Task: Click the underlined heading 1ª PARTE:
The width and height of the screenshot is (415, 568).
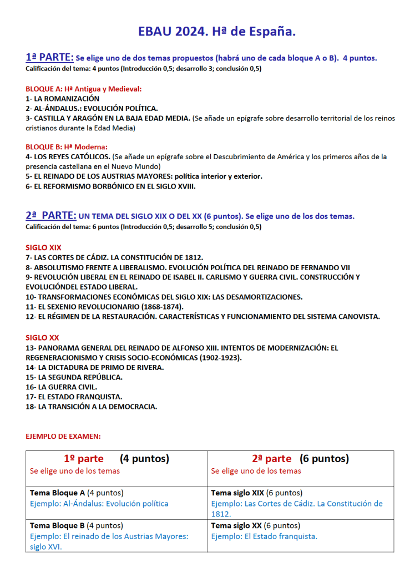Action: coord(49,57)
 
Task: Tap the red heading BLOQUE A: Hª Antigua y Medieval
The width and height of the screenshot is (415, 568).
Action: coord(84,89)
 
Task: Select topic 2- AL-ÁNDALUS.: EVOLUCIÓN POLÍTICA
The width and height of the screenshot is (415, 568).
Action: coord(92,108)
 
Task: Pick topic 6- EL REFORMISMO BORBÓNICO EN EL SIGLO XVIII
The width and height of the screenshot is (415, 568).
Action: coord(110,186)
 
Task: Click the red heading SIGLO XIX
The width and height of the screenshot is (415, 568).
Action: coord(43,247)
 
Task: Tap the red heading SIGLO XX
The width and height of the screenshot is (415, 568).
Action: coord(42,338)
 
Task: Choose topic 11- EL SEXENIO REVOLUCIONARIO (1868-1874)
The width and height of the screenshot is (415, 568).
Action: coord(105,307)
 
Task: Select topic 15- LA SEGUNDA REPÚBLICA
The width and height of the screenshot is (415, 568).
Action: coord(74,377)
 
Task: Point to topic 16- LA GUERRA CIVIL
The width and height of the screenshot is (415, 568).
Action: coord(62,387)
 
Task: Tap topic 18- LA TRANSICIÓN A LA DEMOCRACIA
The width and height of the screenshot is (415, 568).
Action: coord(92,407)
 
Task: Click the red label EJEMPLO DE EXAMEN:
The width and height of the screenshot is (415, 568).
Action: coord(63,437)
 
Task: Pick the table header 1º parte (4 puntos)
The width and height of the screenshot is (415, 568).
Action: coord(117,459)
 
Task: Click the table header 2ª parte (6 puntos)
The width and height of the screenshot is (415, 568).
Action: coord(300,459)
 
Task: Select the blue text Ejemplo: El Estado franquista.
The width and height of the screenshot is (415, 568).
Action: coord(264,536)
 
